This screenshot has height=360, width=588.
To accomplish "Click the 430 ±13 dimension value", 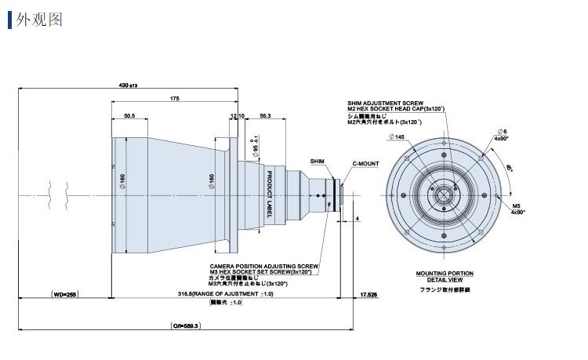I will pos(127,85).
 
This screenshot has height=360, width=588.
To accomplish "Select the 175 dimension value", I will pos(174,98).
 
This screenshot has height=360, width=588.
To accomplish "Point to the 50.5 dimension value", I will pos(129,116).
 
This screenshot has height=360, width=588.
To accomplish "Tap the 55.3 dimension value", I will pos(265,116).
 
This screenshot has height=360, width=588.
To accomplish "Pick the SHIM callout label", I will pos(317,161).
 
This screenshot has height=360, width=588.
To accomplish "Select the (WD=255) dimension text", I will pos(67,294).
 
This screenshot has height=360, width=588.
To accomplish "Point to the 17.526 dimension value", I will pos(368,294).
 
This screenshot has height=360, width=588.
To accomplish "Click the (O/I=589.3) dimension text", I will pos(186,325).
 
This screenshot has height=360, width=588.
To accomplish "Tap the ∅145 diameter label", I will pos(395,137).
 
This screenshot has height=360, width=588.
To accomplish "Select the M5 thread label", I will pos(516,206).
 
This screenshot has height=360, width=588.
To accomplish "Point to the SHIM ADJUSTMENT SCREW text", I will pos(385,104).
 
